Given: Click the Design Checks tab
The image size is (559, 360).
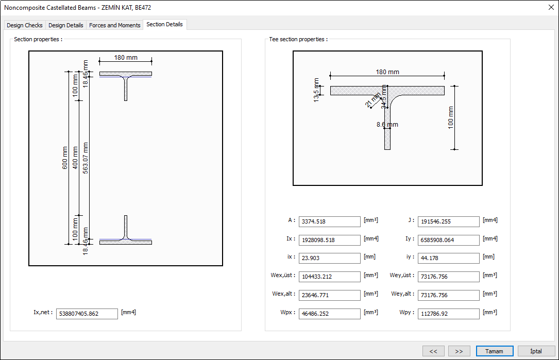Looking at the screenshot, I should (25, 25).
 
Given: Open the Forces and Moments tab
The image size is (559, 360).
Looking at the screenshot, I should (114, 25).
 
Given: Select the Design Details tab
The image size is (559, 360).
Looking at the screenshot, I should (65, 25).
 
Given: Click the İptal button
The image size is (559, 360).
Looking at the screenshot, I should (536, 351).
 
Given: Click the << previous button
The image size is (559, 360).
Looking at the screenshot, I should (433, 351).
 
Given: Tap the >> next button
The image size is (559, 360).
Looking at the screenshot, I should (459, 351).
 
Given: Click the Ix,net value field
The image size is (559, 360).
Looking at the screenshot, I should (87, 313).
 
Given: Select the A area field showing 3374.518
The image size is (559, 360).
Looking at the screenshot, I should (329, 221).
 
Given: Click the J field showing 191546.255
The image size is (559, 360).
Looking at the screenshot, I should (448, 221).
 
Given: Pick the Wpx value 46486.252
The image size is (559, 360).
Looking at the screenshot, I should (329, 314).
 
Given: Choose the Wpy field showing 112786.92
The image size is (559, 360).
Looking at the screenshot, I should (448, 314).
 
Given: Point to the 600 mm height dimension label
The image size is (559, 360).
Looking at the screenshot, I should (65, 158).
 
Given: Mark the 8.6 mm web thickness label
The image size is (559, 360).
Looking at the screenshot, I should (387, 125).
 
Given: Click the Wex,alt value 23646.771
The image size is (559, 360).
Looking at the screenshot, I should (329, 295).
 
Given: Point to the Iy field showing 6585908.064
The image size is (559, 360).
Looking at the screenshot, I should (448, 240).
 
